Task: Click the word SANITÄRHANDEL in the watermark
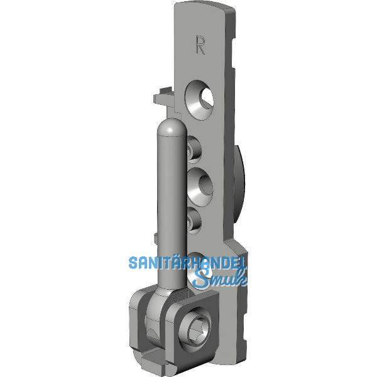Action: tap(187, 263)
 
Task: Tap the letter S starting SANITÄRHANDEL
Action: tap(133, 263)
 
